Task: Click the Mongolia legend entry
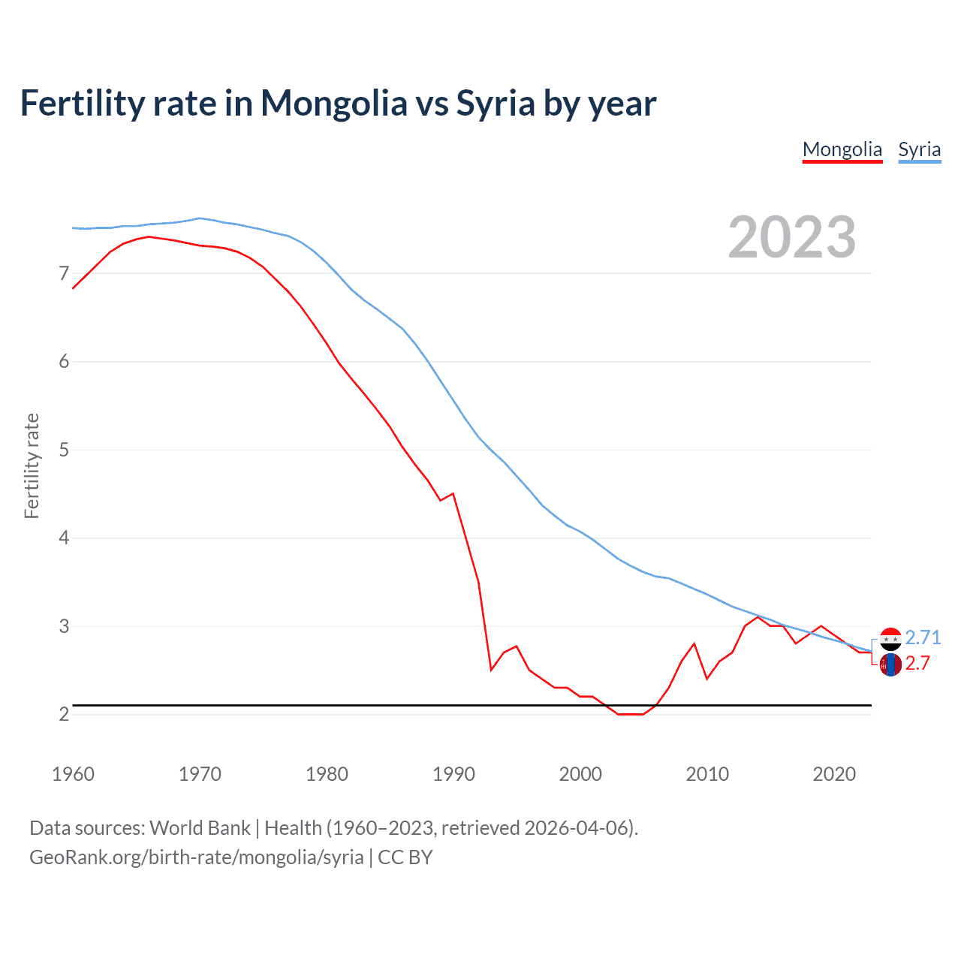coord(842,149)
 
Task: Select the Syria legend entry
coord(919,149)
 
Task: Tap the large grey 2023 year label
coord(791,237)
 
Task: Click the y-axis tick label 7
coord(64,273)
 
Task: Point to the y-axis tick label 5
coord(64,450)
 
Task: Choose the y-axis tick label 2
coord(64,715)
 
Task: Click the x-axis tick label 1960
coord(73,774)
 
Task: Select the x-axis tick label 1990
coord(453,774)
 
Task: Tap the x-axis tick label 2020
coord(834,774)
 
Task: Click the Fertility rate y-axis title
coord(32,465)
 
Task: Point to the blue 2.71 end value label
coord(923,637)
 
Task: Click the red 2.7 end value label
coord(917,663)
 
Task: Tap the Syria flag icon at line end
coord(890,639)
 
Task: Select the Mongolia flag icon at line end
coord(890,664)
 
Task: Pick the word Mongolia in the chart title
coord(333,104)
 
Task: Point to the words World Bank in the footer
coord(200,828)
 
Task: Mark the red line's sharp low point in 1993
coord(491,670)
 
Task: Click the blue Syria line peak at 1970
coord(199,218)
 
